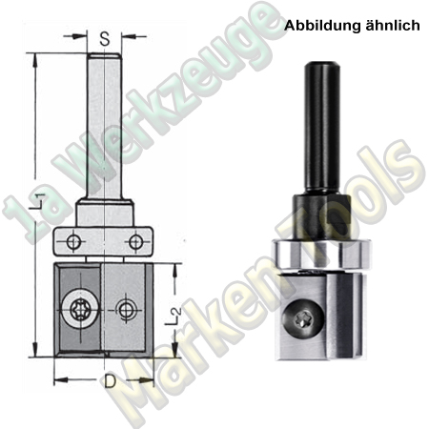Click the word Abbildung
(318, 27)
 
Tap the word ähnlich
(391, 27)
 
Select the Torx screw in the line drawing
(77, 308)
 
